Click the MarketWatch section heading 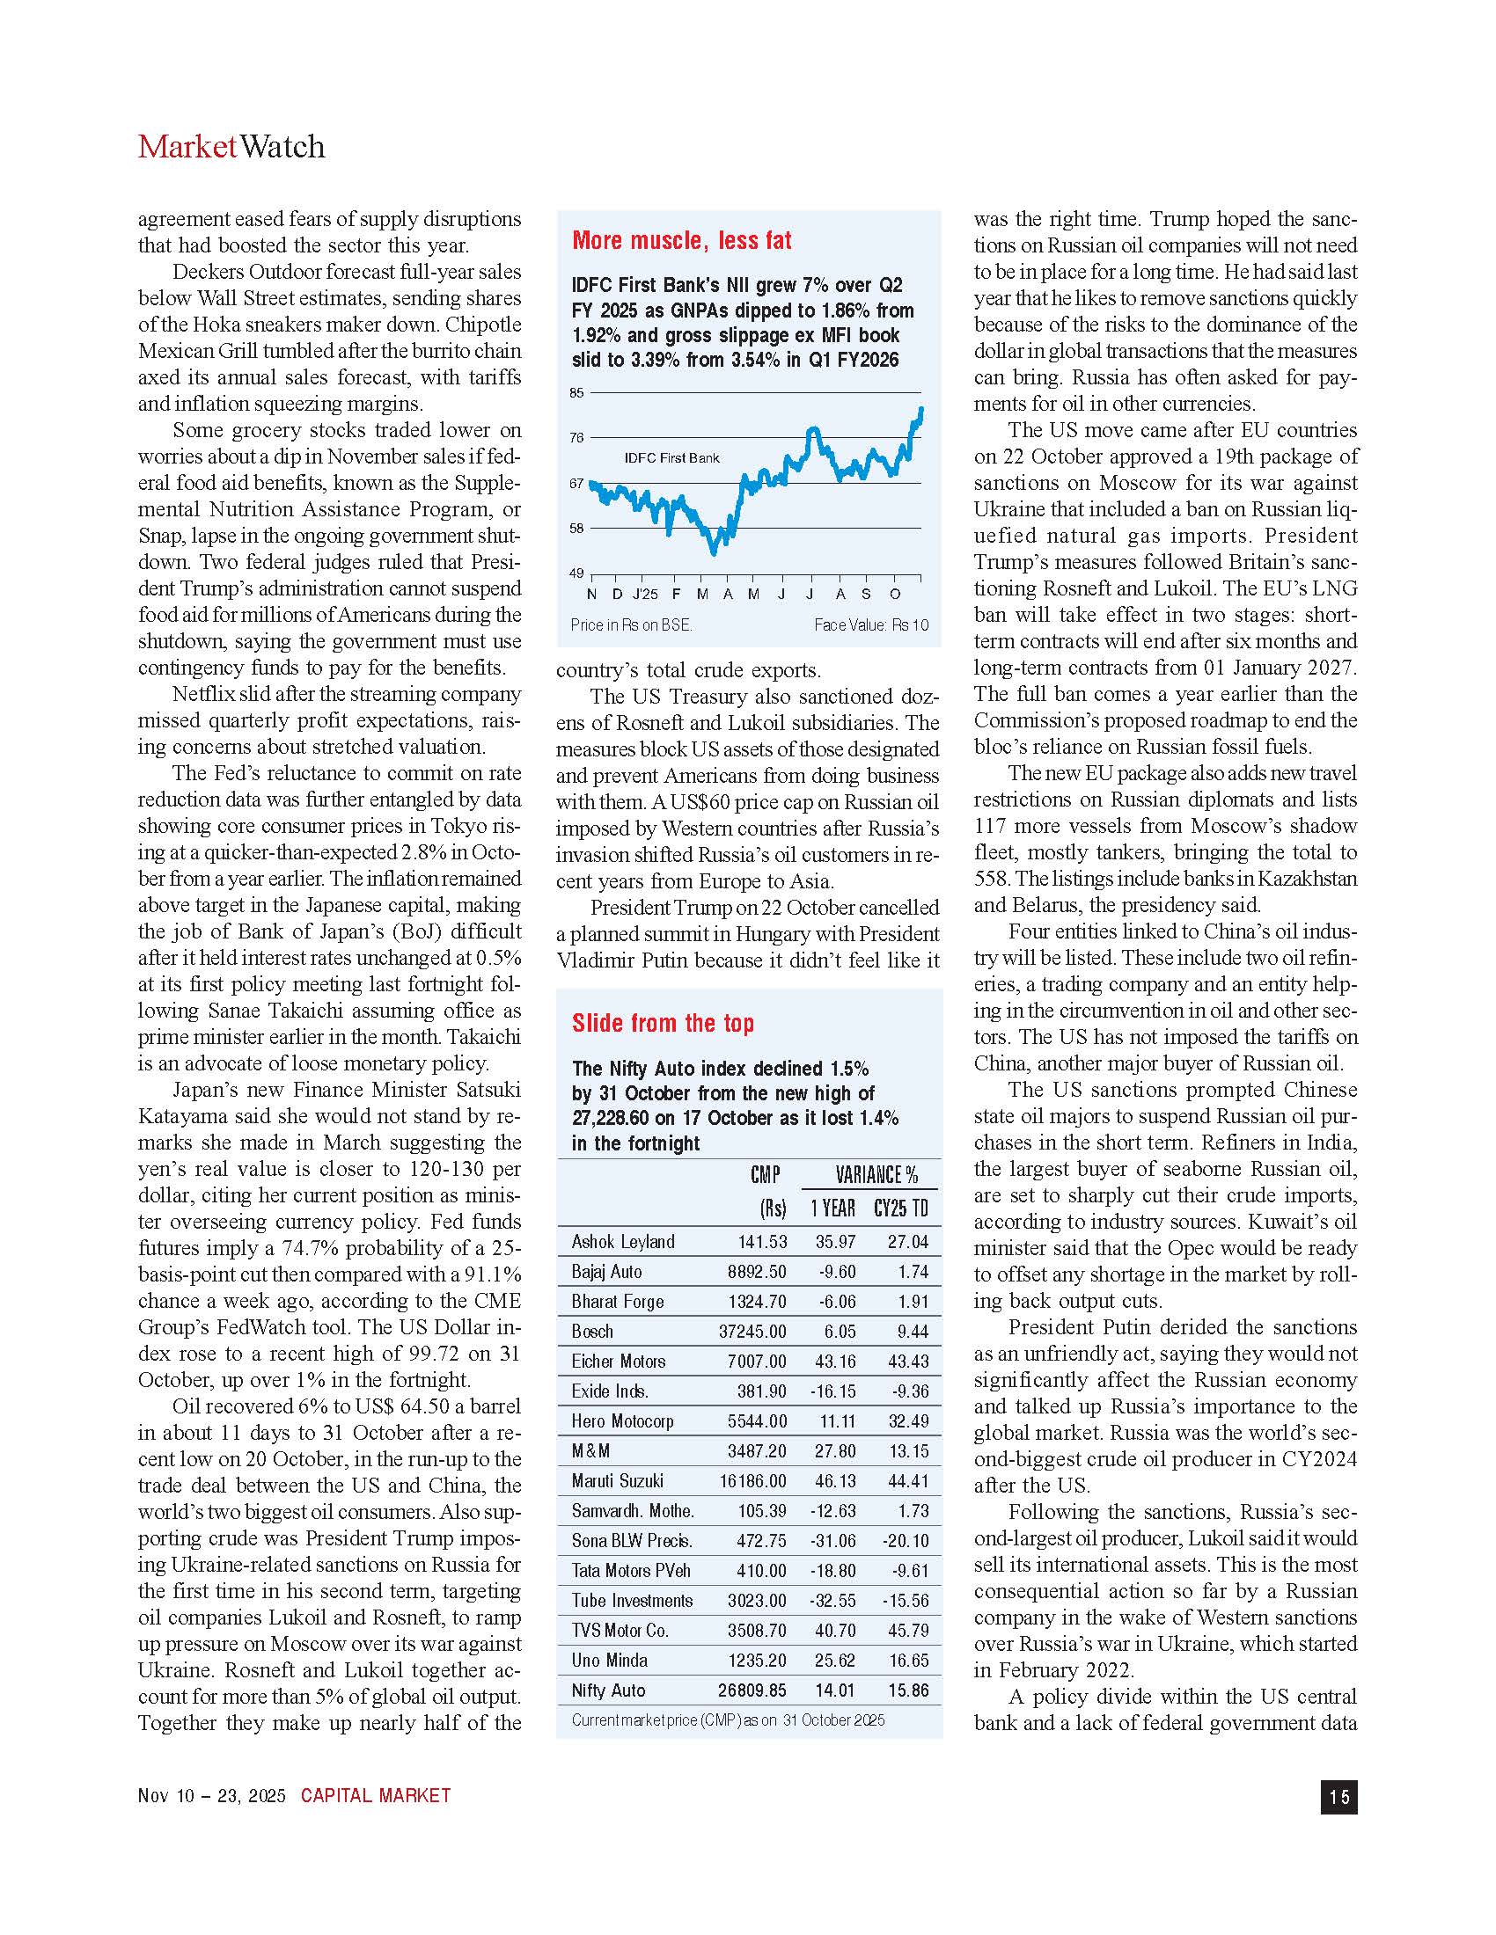tap(231, 147)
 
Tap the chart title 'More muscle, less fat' tap(681, 241)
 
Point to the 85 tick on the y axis tap(577, 393)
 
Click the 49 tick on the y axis tap(577, 573)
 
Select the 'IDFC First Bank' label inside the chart tap(671, 458)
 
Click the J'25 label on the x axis tap(645, 595)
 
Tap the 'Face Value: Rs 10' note tap(871, 625)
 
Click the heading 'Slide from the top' tap(663, 1023)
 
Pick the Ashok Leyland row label tap(623, 1242)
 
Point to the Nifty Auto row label tap(608, 1690)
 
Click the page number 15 tap(1338, 1797)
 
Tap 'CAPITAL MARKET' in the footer tap(376, 1796)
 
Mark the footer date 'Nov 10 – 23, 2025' tap(212, 1796)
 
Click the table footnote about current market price tap(728, 1720)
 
